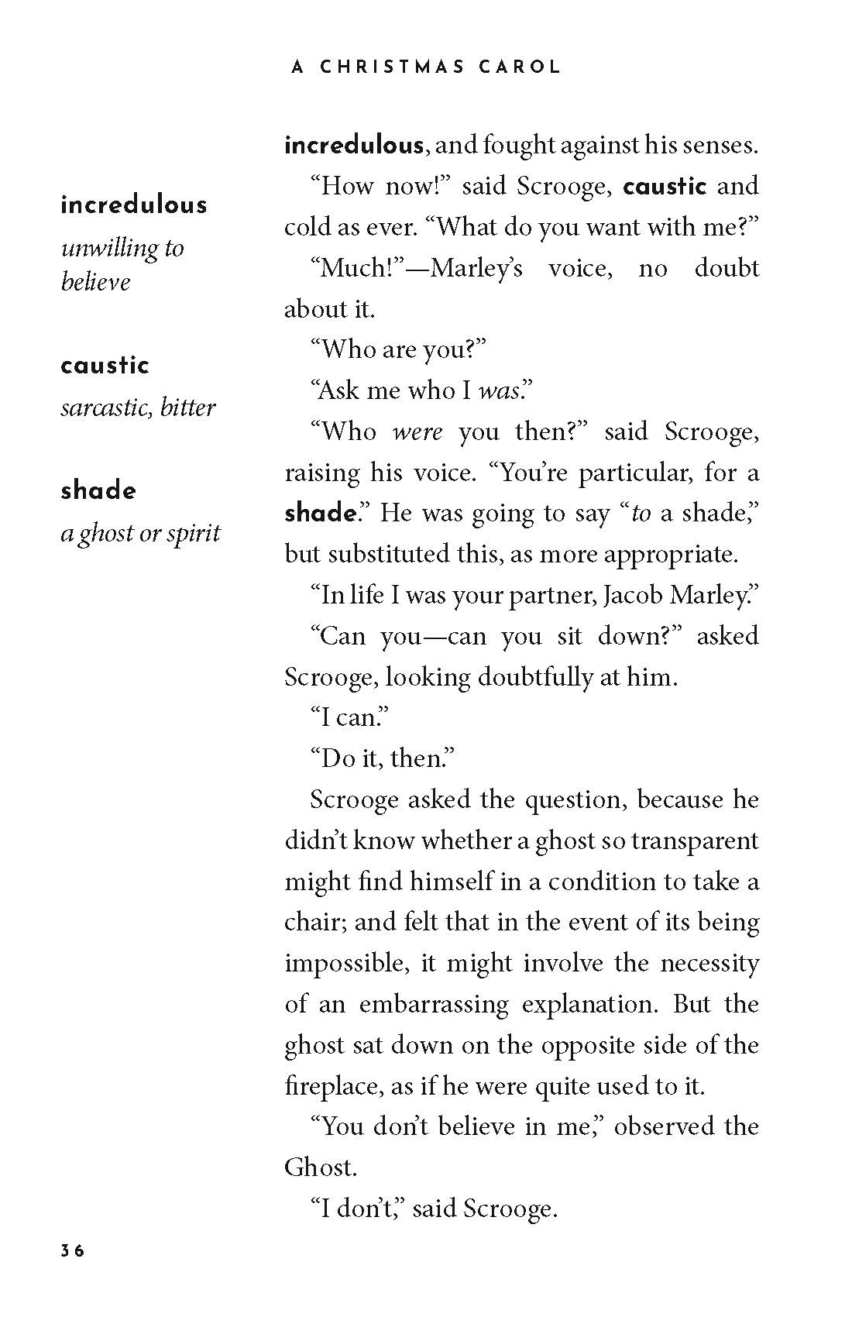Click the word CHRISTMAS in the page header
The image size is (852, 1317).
click(x=392, y=67)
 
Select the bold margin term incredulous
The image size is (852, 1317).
click(x=134, y=205)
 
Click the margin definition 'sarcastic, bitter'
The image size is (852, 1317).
click(x=138, y=407)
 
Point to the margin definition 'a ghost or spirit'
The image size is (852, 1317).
click(x=140, y=533)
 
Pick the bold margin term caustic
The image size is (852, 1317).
click(x=105, y=366)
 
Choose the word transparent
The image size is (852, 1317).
click(x=695, y=841)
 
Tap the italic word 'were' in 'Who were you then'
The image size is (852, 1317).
click(x=417, y=432)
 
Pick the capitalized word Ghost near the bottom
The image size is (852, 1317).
click(x=319, y=1167)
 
